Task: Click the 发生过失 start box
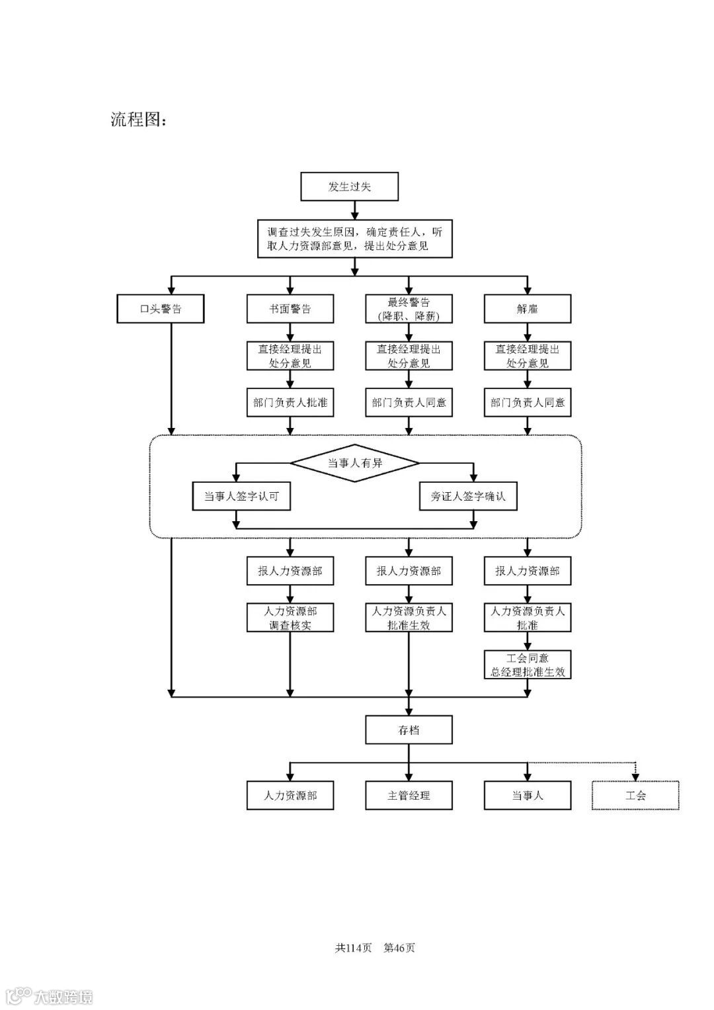pyautogui.click(x=349, y=187)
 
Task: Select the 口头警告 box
pyautogui.click(x=160, y=309)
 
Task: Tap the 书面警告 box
pyautogui.click(x=290, y=309)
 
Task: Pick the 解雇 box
pyautogui.click(x=527, y=309)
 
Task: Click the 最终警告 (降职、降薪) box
pyautogui.click(x=409, y=309)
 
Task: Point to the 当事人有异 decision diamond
pyautogui.click(x=355, y=463)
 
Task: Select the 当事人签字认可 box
pyautogui.click(x=241, y=496)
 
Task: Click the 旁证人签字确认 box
pyautogui.click(x=468, y=496)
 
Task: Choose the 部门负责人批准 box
pyautogui.click(x=290, y=402)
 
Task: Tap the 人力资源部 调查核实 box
pyautogui.click(x=290, y=618)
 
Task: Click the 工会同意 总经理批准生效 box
pyautogui.click(x=527, y=665)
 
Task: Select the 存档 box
pyautogui.click(x=409, y=730)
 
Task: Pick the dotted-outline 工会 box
pyautogui.click(x=635, y=795)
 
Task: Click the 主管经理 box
pyautogui.click(x=409, y=795)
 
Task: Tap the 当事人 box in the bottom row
pyautogui.click(x=527, y=795)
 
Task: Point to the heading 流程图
pyautogui.click(x=138, y=120)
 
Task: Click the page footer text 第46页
pyautogui.click(x=399, y=947)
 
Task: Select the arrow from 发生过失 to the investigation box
pyautogui.click(x=355, y=210)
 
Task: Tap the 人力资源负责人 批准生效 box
pyautogui.click(x=409, y=618)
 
